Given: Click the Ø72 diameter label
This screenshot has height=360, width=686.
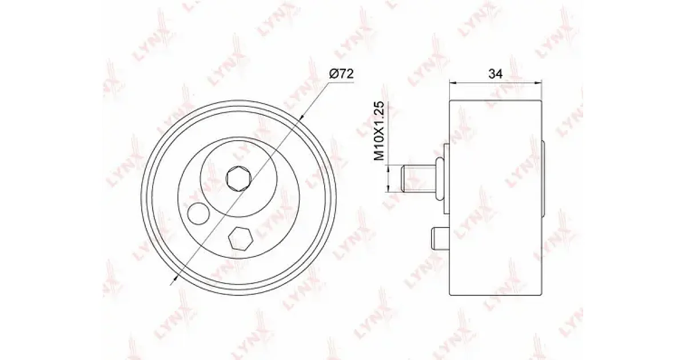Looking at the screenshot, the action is (341, 74).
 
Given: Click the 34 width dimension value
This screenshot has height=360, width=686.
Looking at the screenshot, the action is (496, 74).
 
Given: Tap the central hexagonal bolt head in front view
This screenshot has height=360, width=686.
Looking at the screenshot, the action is (239, 179).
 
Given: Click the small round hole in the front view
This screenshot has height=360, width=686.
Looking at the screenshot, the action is (199, 213).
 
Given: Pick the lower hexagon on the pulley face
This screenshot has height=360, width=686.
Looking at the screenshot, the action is (241, 239).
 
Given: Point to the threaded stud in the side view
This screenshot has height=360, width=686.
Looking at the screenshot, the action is (418, 179).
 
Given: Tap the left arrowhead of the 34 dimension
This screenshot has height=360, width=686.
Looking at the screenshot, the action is (453, 83).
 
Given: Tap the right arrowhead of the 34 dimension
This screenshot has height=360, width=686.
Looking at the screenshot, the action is (538, 83).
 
